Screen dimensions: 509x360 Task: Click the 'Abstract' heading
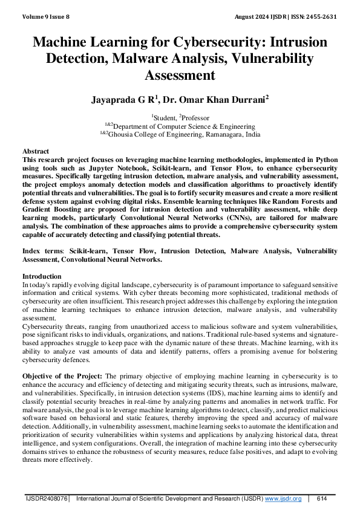tap(36, 151)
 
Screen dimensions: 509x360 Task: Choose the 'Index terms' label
tap(42, 250)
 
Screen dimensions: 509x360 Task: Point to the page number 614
tap(321, 499)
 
